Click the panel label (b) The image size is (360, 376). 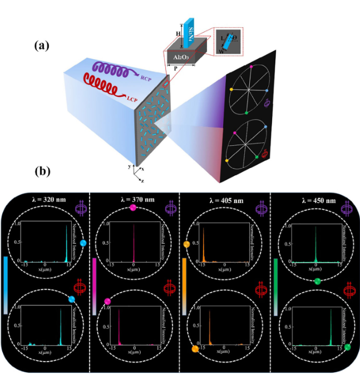[x=41, y=170]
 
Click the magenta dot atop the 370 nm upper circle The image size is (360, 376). [x=132, y=208]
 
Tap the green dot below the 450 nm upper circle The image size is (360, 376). [x=317, y=281]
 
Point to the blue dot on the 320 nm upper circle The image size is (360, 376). [x=83, y=244]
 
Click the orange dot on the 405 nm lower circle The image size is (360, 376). [x=194, y=349]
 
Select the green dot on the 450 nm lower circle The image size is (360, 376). [x=348, y=347]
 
